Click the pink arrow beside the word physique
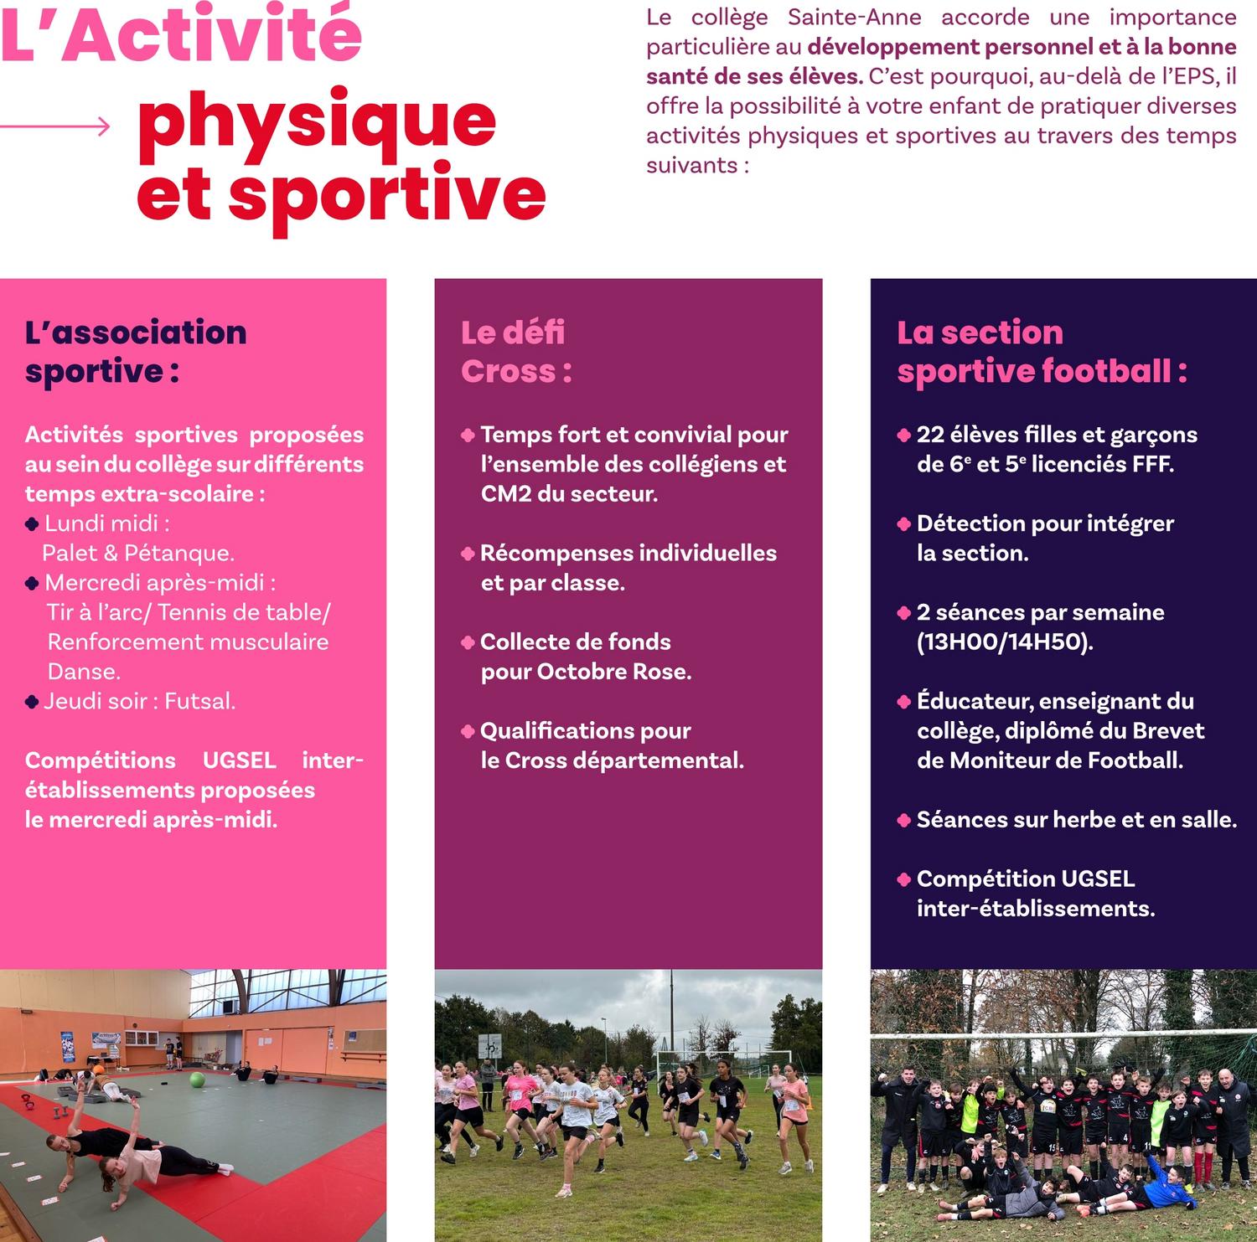(x=55, y=126)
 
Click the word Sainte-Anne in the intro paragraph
(x=854, y=17)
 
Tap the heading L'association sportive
(x=136, y=352)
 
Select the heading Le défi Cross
(x=516, y=352)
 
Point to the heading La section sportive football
(x=1042, y=352)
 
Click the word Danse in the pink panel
(x=84, y=672)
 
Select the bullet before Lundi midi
(x=32, y=524)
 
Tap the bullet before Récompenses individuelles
(x=468, y=554)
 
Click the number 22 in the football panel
(x=930, y=435)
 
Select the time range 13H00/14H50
(x=1004, y=642)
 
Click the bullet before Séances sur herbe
(x=903, y=820)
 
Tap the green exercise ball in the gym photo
(x=197, y=1080)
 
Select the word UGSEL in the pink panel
(x=239, y=760)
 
